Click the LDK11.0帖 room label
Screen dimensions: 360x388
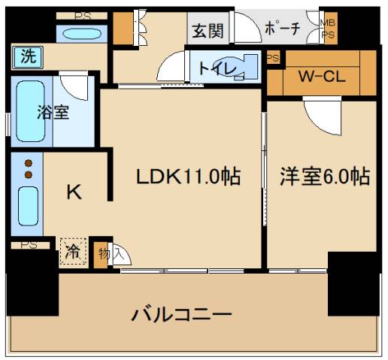(188, 177)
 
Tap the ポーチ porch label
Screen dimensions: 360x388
(283, 29)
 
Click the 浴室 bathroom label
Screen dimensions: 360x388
(53, 113)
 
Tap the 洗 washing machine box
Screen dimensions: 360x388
(27, 56)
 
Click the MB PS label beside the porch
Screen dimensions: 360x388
(329, 29)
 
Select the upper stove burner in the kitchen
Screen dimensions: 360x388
(29, 162)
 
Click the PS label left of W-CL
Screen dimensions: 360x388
(273, 58)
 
